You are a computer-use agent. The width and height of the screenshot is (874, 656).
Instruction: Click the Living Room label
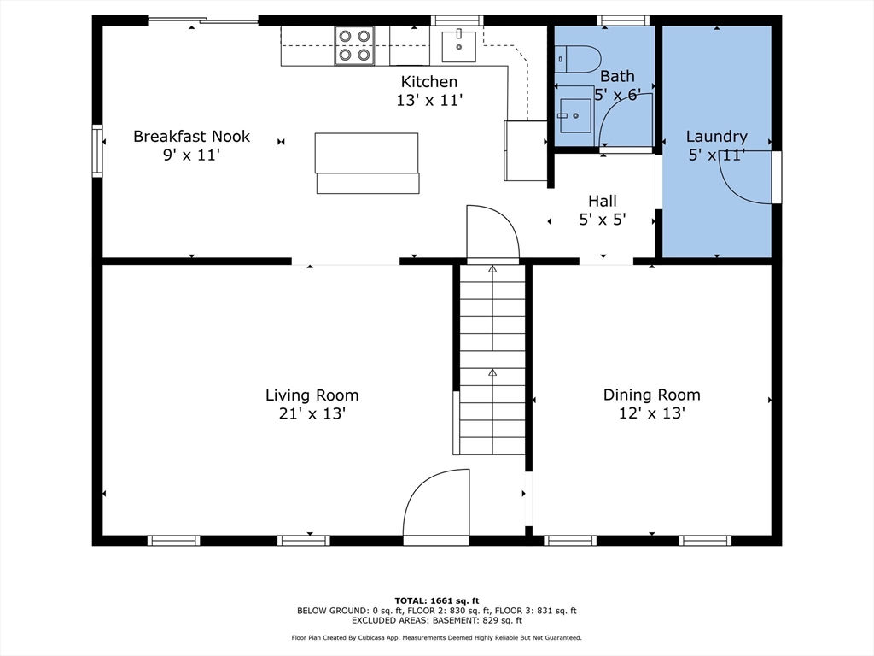(312, 395)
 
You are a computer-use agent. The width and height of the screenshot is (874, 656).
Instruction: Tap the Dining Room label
(651, 395)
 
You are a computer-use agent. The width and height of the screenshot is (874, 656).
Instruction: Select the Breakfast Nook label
(191, 136)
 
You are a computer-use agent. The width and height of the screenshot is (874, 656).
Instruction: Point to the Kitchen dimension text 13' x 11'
(430, 101)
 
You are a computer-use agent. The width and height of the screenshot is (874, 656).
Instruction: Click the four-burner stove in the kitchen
(354, 46)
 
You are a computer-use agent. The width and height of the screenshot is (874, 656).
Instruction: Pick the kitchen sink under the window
(458, 47)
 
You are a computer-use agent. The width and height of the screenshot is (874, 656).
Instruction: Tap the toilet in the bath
(578, 59)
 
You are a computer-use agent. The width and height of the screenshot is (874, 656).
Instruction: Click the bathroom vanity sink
(575, 115)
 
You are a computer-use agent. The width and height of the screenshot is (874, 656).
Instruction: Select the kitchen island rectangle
(367, 163)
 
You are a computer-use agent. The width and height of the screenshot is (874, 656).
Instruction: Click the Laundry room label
(716, 136)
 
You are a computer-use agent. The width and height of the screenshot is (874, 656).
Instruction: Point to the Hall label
(603, 201)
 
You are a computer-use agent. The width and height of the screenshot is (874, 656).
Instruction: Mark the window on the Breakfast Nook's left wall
(97, 150)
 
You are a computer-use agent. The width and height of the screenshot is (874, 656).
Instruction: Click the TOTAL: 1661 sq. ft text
(436, 600)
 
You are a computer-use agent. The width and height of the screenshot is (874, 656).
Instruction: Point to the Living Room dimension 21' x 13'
(312, 413)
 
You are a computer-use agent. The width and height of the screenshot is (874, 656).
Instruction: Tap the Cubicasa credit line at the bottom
(436, 637)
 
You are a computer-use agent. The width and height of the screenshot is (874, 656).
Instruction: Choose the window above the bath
(623, 20)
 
